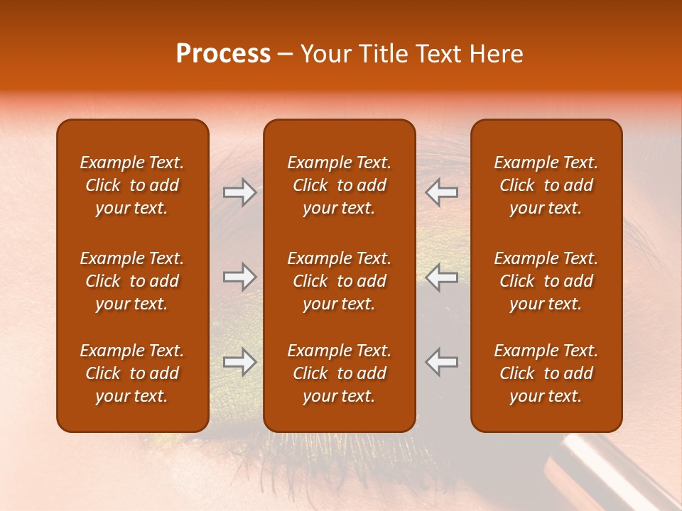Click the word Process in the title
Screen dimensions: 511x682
pos(223,54)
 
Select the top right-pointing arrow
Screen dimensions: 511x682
pos(239,192)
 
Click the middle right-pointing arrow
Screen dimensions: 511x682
pos(239,277)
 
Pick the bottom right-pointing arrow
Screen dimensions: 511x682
pos(239,361)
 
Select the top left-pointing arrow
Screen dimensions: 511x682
pos(442,192)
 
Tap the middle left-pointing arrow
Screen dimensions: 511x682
pos(442,277)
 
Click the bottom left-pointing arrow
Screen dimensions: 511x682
pos(442,361)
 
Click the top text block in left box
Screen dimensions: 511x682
pos(132,185)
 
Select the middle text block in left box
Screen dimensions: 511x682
pos(132,281)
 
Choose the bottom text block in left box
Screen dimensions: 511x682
pos(132,373)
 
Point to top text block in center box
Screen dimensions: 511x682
pos(339,185)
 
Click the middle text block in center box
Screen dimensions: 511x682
pos(339,281)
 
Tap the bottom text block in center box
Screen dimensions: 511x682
pos(339,373)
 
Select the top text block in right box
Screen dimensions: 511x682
pos(546,185)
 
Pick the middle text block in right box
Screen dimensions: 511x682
pos(546,281)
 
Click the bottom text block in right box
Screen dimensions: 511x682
pos(546,373)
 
